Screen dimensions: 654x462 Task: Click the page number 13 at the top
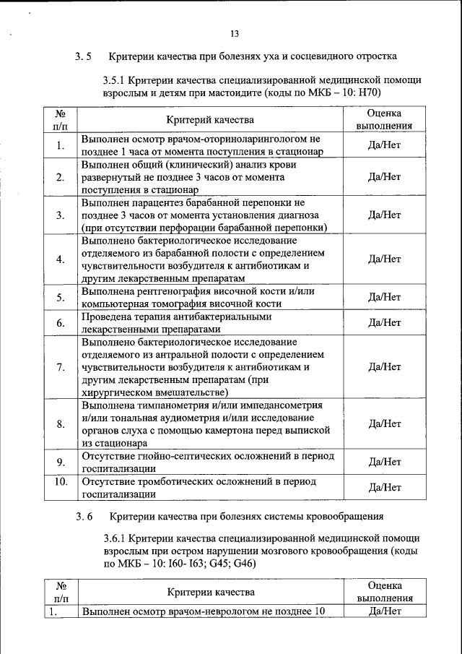point(234,34)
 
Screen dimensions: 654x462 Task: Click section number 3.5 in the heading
point(82,56)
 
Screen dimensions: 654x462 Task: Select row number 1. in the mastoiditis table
point(60,145)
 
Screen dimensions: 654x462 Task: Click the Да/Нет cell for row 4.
point(384,259)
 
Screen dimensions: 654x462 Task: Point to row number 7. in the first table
point(60,367)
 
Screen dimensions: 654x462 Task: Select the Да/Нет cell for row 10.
point(384,487)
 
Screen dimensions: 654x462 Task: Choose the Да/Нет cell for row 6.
point(384,322)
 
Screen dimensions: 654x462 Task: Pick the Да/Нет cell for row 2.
point(384,177)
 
